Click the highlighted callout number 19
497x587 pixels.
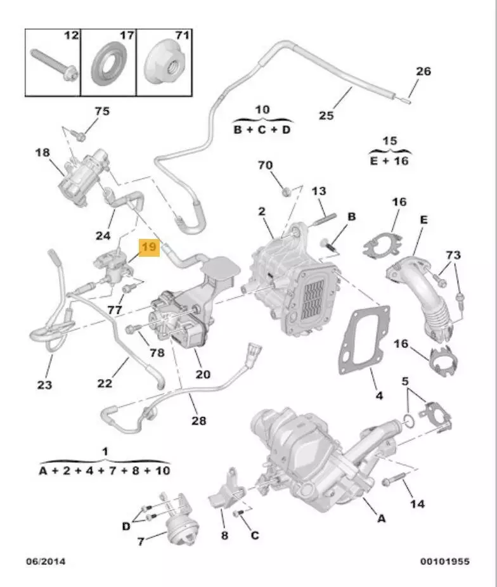coord(150,247)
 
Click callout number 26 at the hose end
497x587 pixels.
coord(423,71)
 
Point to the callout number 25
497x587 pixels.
coord(326,115)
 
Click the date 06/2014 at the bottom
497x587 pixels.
coord(45,561)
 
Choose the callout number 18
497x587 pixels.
coord(42,153)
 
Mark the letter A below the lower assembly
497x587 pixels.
coord(381,518)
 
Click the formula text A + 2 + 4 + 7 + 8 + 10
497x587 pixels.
coord(105,470)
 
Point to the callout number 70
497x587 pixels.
coord(265,165)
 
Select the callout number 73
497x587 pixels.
coord(453,255)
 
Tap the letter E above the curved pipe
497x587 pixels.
coord(423,219)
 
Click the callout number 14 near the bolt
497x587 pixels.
coord(417,503)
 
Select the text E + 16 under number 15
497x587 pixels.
coord(389,160)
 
